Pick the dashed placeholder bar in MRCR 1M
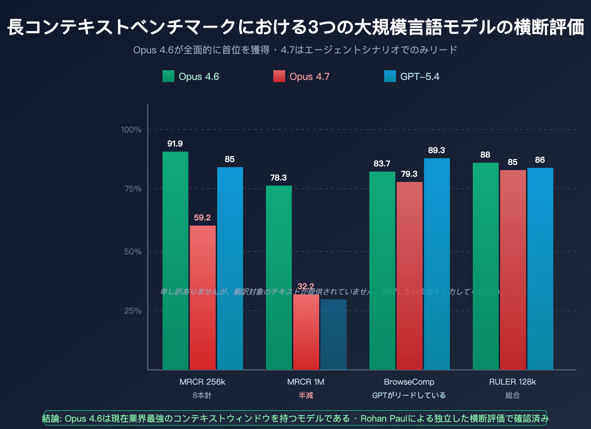(334, 335)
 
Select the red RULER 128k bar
(513, 270)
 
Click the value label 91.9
(175, 144)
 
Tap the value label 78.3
(279, 178)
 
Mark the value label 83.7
(382, 164)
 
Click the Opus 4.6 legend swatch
(168, 76)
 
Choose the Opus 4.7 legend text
(309, 77)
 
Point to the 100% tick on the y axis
(131, 130)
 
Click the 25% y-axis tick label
(133, 311)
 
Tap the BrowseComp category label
(409, 382)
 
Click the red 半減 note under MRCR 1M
(306, 396)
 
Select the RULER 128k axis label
(512, 382)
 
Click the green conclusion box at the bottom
(295, 418)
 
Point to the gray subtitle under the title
(295, 50)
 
